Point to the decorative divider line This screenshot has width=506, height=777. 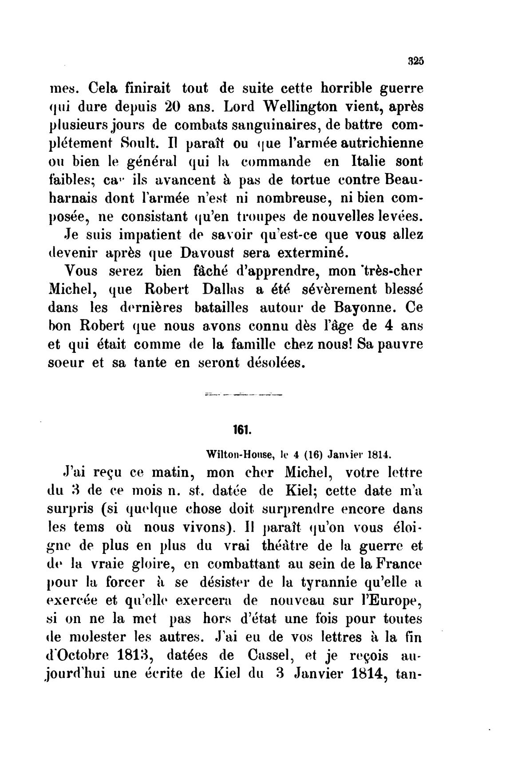point(243,393)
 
